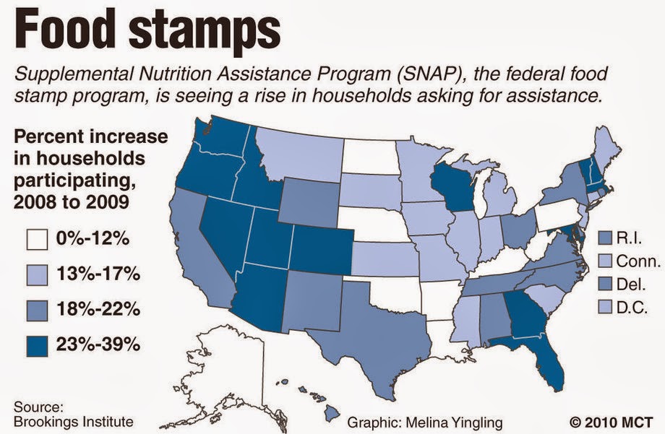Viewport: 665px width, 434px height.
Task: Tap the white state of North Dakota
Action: pos(369,156)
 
